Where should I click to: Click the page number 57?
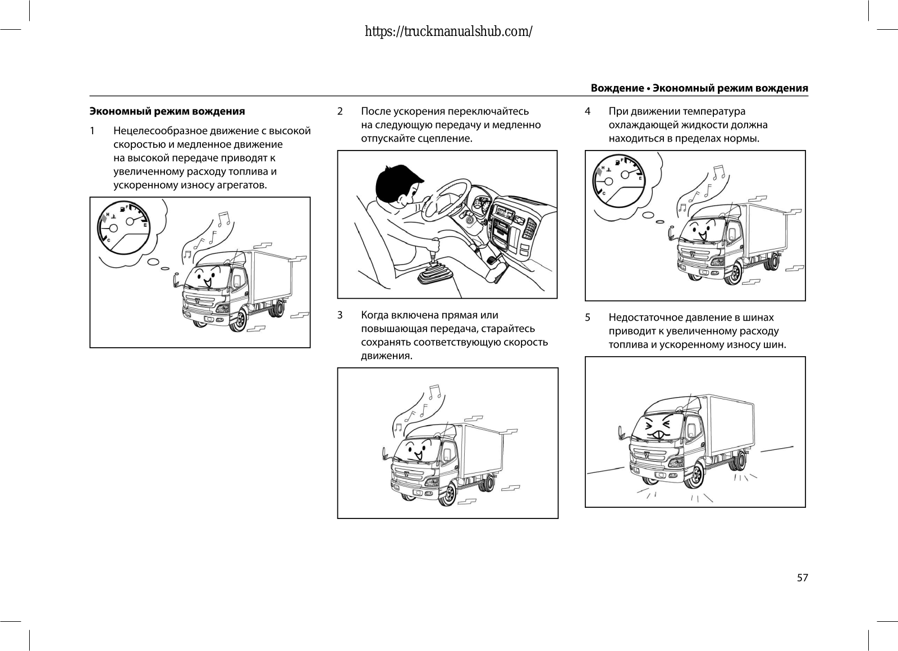point(803,577)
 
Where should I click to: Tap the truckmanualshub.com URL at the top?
point(448,31)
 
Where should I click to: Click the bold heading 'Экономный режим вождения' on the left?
point(167,111)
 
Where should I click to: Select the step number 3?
point(340,315)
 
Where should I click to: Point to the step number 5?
point(588,317)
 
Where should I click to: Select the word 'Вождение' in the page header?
point(617,88)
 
